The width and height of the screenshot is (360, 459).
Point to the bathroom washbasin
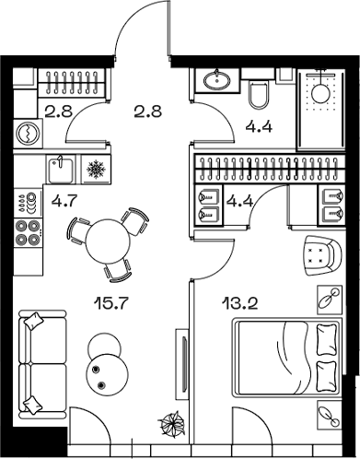219,80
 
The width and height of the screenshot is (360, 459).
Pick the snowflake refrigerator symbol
94,171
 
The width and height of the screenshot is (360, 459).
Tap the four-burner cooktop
28,230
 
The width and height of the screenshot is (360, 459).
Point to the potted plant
172,425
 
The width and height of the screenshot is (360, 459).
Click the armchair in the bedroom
320,253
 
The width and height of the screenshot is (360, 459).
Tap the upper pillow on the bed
326,336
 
